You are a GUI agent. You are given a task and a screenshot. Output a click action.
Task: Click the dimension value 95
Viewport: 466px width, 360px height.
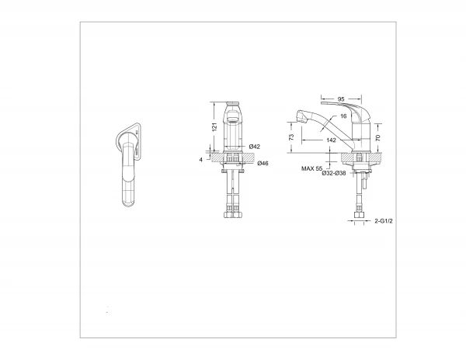click(341, 99)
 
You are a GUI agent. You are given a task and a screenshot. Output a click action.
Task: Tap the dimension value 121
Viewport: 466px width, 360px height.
click(215, 126)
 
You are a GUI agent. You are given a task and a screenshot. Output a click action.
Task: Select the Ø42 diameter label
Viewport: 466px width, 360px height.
click(255, 147)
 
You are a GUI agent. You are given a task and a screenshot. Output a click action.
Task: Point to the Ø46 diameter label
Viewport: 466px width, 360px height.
click(263, 163)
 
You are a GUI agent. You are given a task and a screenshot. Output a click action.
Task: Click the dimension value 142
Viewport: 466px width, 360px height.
click(331, 140)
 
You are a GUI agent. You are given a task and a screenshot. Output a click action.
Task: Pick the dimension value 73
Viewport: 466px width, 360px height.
click(291, 137)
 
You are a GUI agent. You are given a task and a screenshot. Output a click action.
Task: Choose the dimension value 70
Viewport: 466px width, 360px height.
click(377, 137)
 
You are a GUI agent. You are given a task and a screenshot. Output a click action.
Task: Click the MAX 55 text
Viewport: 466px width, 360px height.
click(311, 168)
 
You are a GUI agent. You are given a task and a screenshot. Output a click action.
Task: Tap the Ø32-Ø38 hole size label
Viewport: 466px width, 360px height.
click(334, 173)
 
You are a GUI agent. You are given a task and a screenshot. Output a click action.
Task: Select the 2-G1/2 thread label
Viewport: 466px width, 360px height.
click(384, 221)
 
